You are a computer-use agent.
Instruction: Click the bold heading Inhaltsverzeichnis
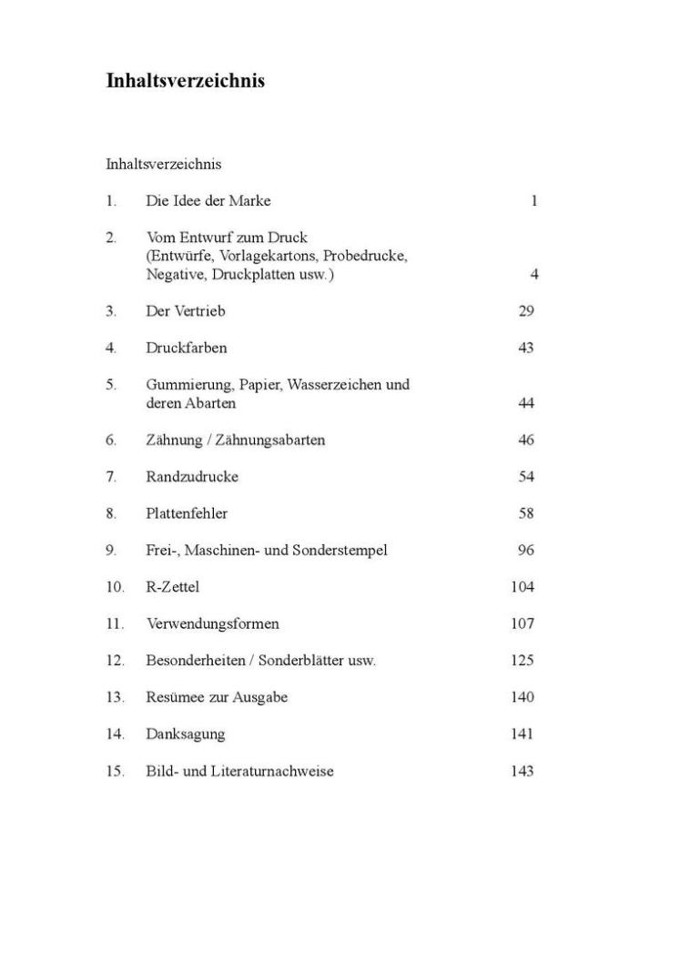pyautogui.click(x=186, y=81)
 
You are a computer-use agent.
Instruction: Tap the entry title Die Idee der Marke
pyautogui.click(x=208, y=201)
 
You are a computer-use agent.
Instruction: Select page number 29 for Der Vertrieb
pyautogui.click(x=526, y=311)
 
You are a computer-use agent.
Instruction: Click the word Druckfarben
pyautogui.click(x=186, y=348)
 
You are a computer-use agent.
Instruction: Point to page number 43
pyautogui.click(x=526, y=348)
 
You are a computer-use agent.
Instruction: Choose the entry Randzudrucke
pyautogui.click(x=191, y=477)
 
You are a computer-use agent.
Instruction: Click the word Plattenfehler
pyautogui.click(x=187, y=513)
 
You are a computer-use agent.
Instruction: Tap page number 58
pyautogui.click(x=526, y=513)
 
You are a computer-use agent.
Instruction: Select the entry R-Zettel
pyautogui.click(x=172, y=587)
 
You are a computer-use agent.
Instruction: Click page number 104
pyautogui.click(x=523, y=587)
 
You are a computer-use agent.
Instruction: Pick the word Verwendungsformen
pyautogui.click(x=212, y=624)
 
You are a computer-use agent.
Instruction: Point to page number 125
pyautogui.click(x=523, y=661)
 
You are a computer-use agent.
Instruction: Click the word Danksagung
pyautogui.click(x=185, y=734)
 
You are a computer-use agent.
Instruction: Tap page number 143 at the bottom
pyautogui.click(x=523, y=772)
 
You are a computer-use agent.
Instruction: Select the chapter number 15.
pyautogui.click(x=115, y=772)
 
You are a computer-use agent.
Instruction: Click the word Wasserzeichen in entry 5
pyautogui.click(x=345, y=385)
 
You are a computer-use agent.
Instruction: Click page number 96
pyautogui.click(x=526, y=551)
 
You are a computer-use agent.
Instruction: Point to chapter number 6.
pyautogui.click(x=111, y=440)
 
